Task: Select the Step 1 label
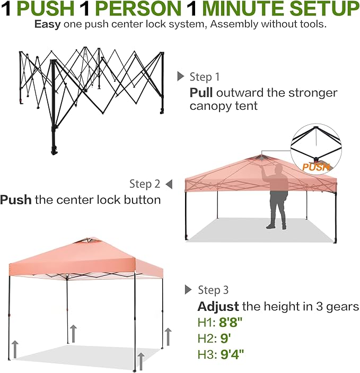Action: pyautogui.click(x=204, y=77)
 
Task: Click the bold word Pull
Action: pyautogui.click(x=201, y=93)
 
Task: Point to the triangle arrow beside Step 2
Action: pyautogui.click(x=169, y=184)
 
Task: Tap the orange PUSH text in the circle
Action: pyautogui.click(x=316, y=167)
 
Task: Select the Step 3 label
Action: pyautogui.click(x=213, y=290)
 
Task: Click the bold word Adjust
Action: pyautogui.click(x=218, y=307)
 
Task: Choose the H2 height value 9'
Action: pyautogui.click(x=226, y=338)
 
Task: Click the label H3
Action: pyautogui.click(x=205, y=354)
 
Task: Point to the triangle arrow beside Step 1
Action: pyautogui.click(x=180, y=77)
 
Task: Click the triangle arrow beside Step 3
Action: pyautogui.click(x=188, y=290)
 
